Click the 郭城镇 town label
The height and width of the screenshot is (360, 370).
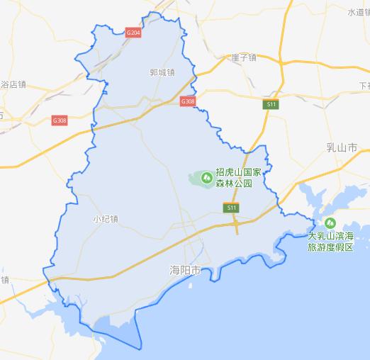click(x=162, y=72)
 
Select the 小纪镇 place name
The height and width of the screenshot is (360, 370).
click(x=106, y=219)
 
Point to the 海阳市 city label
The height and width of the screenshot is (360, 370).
click(x=186, y=271)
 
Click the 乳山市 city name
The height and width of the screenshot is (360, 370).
click(x=342, y=147)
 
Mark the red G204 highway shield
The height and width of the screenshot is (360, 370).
click(x=133, y=33)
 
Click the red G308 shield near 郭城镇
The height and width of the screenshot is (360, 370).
click(x=188, y=101)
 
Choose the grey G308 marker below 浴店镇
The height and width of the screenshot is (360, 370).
click(x=60, y=120)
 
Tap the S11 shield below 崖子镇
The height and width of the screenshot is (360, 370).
click(x=271, y=104)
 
